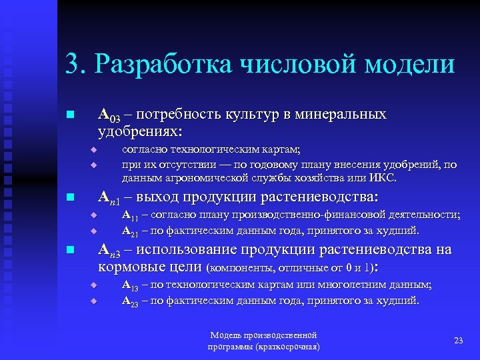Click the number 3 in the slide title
72,65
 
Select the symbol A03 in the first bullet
109,115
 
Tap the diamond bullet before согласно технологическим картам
94,150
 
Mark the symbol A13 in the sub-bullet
130,285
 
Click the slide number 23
458,341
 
